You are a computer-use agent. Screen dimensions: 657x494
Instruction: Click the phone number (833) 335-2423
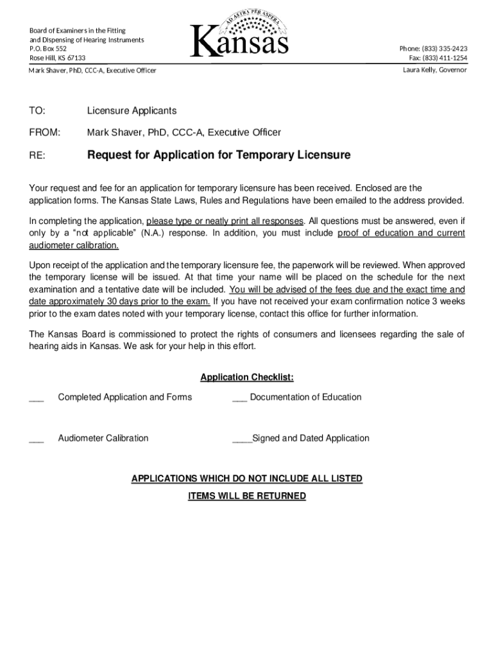[x=433, y=49]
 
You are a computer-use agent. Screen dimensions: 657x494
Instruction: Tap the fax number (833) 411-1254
[x=438, y=58]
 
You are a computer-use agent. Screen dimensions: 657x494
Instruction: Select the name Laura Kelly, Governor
[x=434, y=70]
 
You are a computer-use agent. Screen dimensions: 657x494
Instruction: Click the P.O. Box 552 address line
[x=48, y=49]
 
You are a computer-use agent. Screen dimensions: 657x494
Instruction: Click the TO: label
[x=37, y=112]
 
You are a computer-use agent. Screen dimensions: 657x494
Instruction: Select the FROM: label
[x=44, y=133]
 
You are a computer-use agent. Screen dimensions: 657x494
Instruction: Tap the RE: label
[x=37, y=155]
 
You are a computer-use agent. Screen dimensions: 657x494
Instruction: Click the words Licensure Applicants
[x=132, y=112]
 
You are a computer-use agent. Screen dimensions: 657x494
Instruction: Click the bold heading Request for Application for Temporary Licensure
[x=219, y=155]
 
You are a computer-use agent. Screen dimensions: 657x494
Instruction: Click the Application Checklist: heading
[x=247, y=377]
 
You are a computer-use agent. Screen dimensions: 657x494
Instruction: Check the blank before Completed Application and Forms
[x=37, y=398]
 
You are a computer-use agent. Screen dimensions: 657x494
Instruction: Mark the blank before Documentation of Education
[x=239, y=398]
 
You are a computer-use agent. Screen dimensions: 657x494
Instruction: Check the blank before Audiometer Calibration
[x=37, y=439]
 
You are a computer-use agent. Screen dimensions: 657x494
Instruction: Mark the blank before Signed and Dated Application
[x=242, y=439]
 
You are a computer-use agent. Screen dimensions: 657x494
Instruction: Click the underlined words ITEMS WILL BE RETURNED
[x=247, y=496]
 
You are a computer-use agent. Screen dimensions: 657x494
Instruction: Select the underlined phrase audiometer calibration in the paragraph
[x=74, y=246]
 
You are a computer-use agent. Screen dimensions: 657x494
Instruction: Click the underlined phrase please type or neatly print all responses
[x=225, y=221]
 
